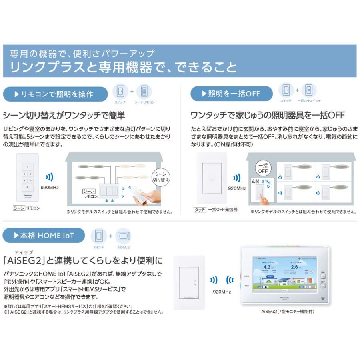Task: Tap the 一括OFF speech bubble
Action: click(262, 168)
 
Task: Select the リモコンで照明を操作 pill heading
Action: click(55, 94)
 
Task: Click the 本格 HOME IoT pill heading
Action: click(44, 236)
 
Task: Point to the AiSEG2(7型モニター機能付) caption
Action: click(284, 312)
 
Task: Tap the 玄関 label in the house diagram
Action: click(255, 181)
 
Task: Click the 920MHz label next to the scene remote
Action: click(50, 187)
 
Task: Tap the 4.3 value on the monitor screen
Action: click(267, 267)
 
